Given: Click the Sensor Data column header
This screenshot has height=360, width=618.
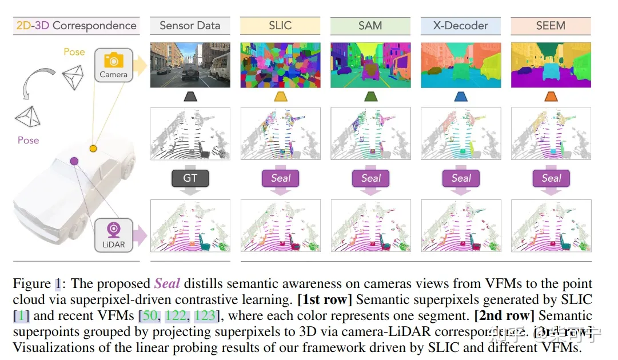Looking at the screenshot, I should coord(190,26).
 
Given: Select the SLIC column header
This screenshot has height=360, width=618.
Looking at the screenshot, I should coord(280,26).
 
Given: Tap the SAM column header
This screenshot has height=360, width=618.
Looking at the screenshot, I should coord(370,26).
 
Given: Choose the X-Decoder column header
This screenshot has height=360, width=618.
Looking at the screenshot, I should coord(461,26).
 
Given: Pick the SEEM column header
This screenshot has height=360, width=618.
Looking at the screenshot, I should coord(551,26).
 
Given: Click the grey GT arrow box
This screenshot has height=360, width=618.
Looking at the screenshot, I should coord(190,178).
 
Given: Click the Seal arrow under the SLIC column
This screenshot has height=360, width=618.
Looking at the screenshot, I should coord(280,178).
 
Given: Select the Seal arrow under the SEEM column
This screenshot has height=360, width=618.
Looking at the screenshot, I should coord(551,178).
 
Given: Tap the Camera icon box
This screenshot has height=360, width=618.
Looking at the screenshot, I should coord(113,65).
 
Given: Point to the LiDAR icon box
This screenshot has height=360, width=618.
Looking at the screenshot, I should coord(113,235).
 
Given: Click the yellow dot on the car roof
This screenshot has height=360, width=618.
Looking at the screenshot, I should coord(93,149).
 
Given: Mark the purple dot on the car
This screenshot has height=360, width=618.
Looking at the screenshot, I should coord(74,161).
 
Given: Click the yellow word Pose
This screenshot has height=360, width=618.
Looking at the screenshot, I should coord(74,52).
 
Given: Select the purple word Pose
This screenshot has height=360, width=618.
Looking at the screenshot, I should coord(28,141).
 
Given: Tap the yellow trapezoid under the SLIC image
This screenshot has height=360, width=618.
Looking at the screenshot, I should coord(280,97).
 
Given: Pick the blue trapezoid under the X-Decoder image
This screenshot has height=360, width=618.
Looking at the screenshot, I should coord(461,97).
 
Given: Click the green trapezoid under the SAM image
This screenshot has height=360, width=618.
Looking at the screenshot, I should coord(370,97).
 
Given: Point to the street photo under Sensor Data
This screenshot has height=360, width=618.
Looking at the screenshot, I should coord(190,65).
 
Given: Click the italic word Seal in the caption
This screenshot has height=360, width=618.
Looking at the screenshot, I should coord(168,283).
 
